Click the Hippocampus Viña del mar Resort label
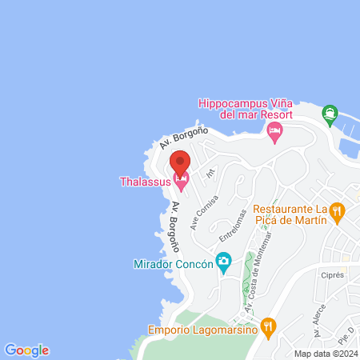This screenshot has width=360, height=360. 246,110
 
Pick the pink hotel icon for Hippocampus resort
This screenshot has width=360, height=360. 275,130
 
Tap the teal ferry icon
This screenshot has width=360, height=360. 329,116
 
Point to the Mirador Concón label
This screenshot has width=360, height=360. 173,263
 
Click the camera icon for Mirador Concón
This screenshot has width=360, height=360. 225,262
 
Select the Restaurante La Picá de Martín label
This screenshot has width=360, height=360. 290,213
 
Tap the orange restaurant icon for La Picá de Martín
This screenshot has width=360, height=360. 338,212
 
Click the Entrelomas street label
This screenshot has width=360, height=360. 231,229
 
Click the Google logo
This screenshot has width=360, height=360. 26,350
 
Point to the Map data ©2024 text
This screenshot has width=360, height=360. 323,354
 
